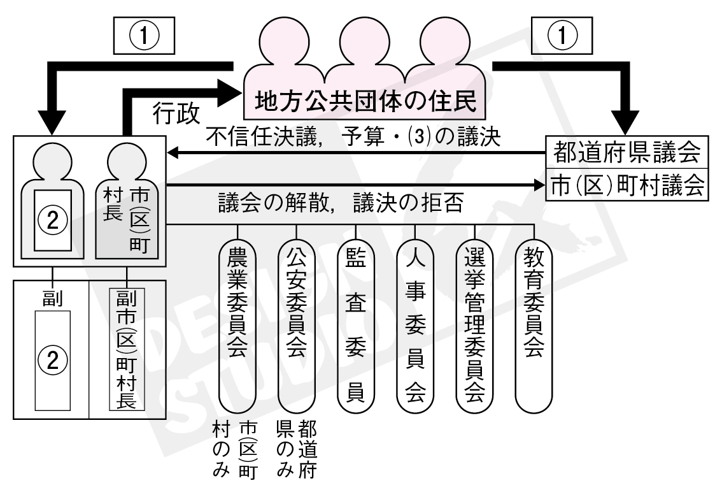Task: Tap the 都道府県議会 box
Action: [628, 153]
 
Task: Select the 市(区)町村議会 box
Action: [628, 185]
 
